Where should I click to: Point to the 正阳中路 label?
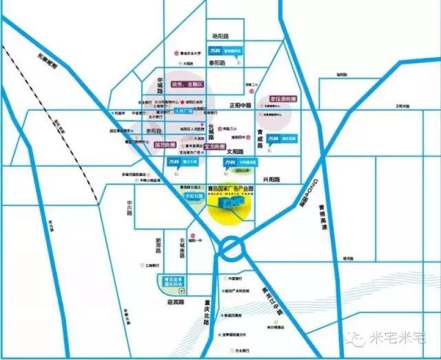[x=242, y=105]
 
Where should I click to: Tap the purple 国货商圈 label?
[x=166, y=146]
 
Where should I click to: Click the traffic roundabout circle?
[x=233, y=247]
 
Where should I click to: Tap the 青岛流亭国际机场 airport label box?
[x=166, y=278]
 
